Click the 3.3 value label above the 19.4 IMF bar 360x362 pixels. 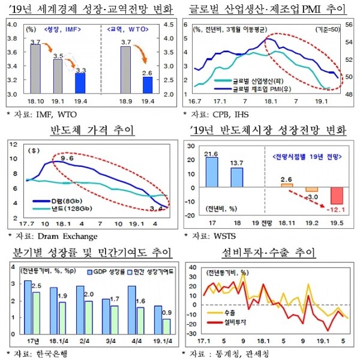(80, 70)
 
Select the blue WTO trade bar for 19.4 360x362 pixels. (148, 85)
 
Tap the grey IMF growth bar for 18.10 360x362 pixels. (35, 69)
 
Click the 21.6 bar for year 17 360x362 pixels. (211, 172)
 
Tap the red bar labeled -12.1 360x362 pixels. (337, 196)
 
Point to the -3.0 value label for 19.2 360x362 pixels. (311, 196)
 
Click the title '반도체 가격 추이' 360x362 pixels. (91, 130)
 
